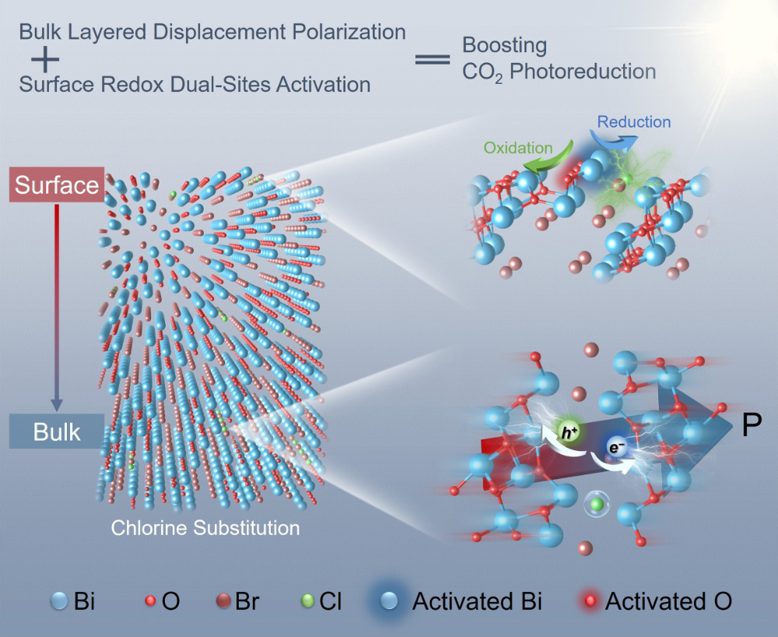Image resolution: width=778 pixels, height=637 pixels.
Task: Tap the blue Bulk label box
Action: [x=57, y=432]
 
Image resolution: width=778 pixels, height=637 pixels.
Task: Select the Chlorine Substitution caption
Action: [x=205, y=528]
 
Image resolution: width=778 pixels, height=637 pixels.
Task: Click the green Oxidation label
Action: [x=517, y=148]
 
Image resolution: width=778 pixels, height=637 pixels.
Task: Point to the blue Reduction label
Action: [x=634, y=122]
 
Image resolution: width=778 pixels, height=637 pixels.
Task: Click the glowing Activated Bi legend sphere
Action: [x=393, y=602]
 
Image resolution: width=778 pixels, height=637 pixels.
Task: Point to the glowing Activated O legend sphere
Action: [x=593, y=601]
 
